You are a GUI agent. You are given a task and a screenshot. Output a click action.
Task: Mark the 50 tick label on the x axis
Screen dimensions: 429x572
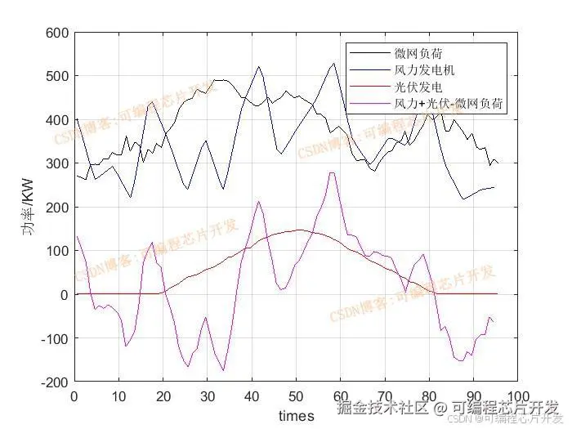click(x=297, y=398)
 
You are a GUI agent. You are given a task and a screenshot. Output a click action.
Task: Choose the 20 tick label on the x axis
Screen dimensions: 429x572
click(x=163, y=398)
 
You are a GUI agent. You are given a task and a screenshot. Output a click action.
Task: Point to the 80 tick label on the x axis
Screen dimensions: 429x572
click(x=429, y=398)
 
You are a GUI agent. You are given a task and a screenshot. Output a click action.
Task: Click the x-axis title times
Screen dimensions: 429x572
click(x=296, y=416)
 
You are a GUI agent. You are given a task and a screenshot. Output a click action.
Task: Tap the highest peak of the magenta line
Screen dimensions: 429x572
click(x=332, y=172)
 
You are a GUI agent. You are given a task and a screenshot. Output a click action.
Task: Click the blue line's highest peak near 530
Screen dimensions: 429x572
click(x=333, y=63)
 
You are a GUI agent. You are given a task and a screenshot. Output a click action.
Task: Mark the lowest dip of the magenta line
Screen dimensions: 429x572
click(x=223, y=370)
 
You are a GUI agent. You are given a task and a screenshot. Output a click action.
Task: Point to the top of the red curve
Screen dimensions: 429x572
click(x=300, y=230)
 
